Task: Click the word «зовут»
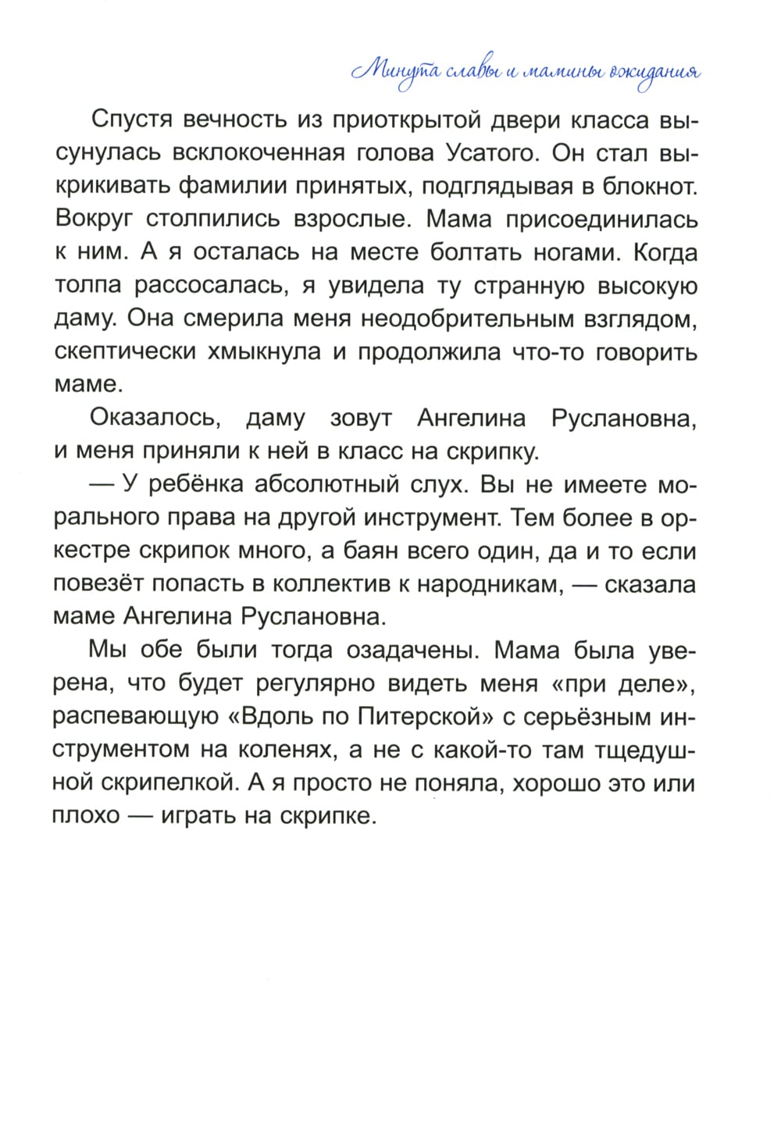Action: [x=361, y=418]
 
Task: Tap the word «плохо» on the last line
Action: [x=87, y=816]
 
